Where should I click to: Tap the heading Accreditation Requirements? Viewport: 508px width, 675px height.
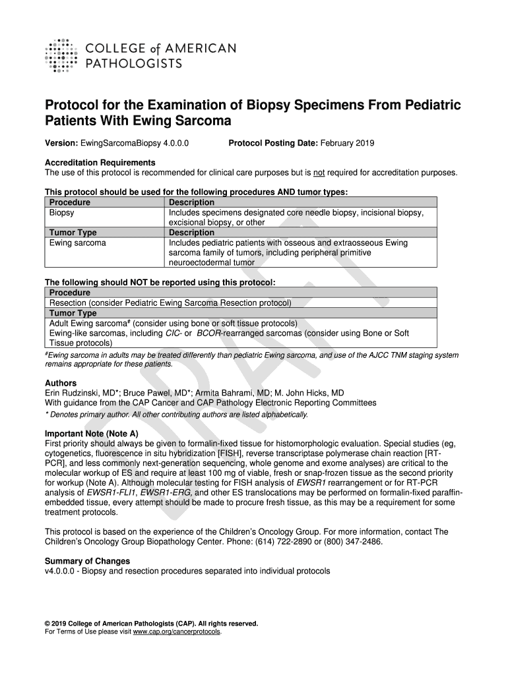[100, 163]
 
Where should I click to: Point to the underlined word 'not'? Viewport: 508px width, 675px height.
[319, 173]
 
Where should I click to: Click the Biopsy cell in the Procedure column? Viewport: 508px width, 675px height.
[62, 213]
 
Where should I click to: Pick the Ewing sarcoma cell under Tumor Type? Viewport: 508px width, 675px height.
[78, 243]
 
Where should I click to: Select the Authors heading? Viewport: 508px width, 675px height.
[61, 383]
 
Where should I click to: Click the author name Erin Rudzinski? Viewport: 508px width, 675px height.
[75, 393]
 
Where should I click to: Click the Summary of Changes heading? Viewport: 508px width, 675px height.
[87, 561]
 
